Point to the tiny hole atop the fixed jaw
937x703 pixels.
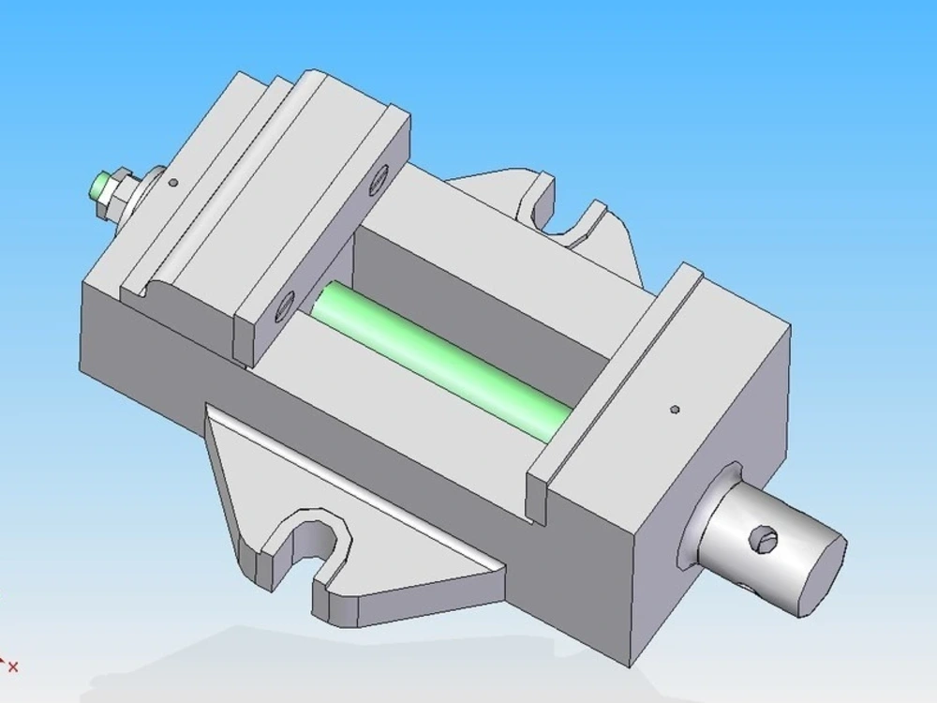pyautogui.click(x=675, y=409)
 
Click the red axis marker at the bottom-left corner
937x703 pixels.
pyautogui.click(x=11, y=666)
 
